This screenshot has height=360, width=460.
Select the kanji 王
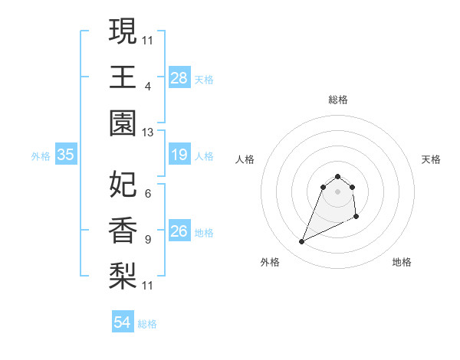123,77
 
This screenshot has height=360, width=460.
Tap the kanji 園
123,123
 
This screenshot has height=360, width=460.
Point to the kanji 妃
123,184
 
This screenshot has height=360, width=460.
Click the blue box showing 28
179,78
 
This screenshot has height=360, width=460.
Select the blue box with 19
179,155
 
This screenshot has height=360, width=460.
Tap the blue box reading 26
179,231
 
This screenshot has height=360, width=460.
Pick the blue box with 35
66,155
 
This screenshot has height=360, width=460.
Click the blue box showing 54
123,322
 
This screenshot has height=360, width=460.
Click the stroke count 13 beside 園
148,133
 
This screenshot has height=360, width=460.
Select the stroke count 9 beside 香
147,240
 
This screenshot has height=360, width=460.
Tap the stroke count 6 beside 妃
147,193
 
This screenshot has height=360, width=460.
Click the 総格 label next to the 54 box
147,324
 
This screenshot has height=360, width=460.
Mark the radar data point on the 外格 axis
302,242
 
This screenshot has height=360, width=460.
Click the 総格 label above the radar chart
337,100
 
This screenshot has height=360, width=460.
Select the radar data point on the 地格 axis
357,218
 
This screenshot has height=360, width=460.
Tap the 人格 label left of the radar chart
245,159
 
